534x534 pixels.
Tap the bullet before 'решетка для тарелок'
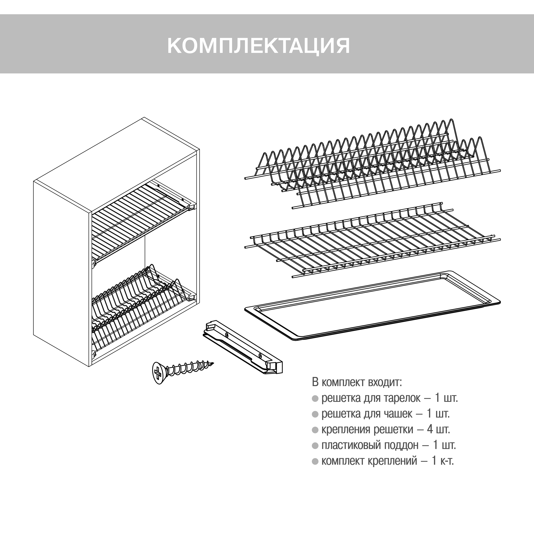pos(315,399)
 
